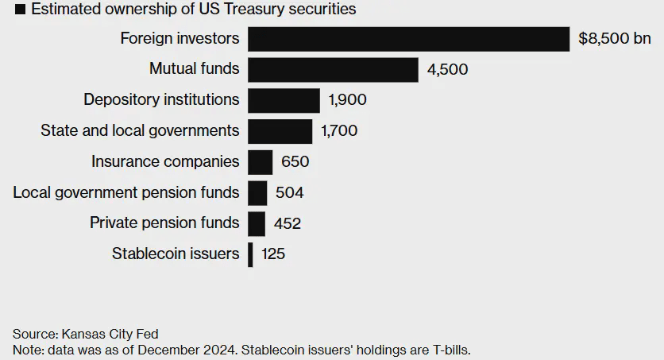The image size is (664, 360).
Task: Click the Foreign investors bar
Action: point(408,39)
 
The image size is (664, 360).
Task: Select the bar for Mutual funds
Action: point(333,69)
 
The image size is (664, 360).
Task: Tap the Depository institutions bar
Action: point(284,100)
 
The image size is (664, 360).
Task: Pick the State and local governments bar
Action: point(280,131)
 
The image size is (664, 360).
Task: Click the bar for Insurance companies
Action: point(260,162)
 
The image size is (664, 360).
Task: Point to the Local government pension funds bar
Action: point(257,193)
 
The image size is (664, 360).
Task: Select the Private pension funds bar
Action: point(257,223)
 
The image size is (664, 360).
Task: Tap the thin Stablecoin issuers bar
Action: point(251,254)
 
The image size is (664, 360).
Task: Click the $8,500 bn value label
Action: point(615,39)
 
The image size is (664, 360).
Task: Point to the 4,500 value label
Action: point(447,70)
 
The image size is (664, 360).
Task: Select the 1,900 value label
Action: point(346,101)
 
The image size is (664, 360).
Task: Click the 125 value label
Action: point(272,255)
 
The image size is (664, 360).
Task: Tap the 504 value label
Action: point(289,193)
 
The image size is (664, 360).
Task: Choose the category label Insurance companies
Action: point(165,162)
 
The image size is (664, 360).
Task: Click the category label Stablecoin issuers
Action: point(176,254)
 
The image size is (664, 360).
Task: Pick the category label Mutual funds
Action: point(194,69)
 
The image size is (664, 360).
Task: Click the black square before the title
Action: point(20,10)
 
